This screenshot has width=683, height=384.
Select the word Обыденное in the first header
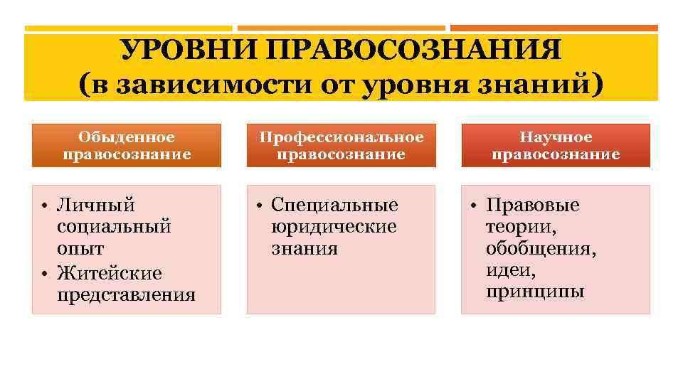pos(127,137)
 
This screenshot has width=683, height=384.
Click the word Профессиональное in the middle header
pos(341,137)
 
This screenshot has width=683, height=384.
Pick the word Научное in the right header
pos(556,137)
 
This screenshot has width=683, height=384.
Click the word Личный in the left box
pos(96,206)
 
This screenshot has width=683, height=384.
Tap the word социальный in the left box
pos(114,228)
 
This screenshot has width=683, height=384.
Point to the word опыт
pos(80,250)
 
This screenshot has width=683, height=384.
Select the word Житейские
pos(110,273)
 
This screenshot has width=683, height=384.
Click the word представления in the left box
pos(126,295)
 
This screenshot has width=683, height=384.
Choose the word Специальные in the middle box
pos(334,206)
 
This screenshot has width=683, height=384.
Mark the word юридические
pos(334,228)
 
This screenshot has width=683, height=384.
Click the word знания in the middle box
pos(305,250)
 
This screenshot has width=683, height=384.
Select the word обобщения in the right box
pos(541,250)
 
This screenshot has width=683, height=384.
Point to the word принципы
pos(535,292)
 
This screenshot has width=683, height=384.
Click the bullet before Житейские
pos(44,273)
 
